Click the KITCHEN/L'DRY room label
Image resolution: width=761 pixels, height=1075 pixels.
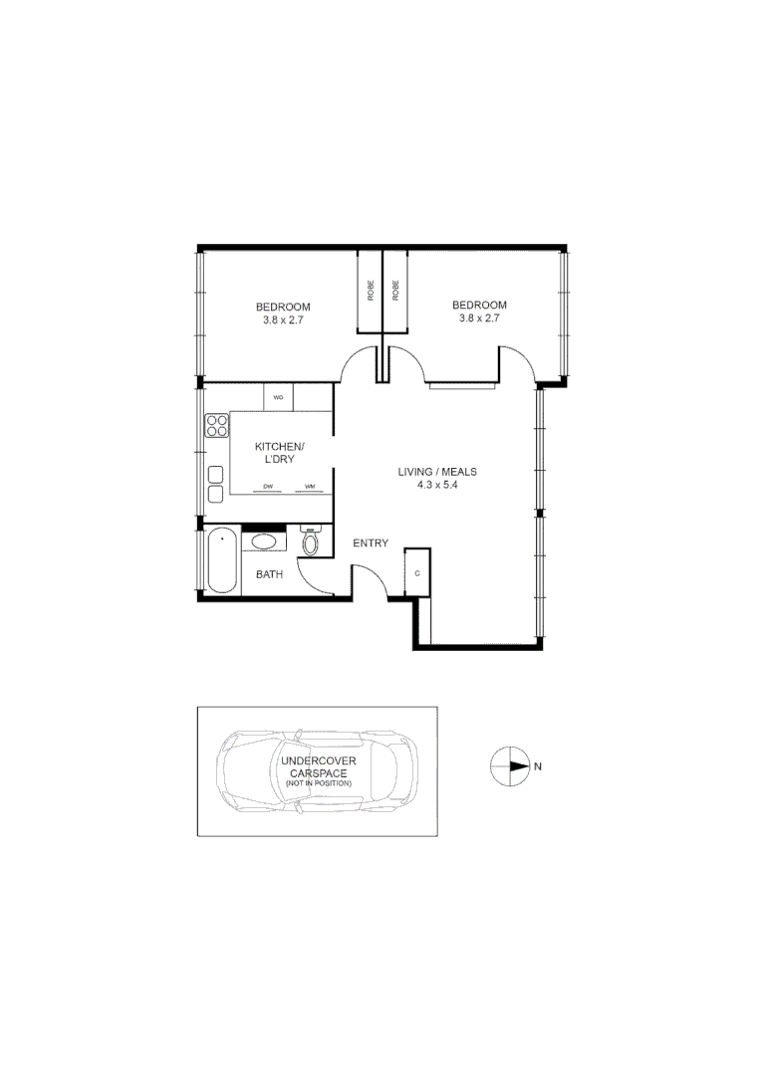280,453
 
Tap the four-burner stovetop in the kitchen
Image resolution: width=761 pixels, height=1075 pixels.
216,426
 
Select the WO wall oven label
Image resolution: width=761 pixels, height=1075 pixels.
279,398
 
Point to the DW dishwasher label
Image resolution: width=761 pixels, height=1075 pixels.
268,487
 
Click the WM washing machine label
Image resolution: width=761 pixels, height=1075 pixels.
310,487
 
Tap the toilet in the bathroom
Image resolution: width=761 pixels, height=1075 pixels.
310,542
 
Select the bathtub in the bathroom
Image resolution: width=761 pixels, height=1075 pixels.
221,561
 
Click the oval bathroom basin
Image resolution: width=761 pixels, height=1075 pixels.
264,542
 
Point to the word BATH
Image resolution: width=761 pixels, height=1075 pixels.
270,574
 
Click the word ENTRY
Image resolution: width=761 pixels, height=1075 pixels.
371,542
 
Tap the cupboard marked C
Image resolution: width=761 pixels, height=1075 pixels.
417,573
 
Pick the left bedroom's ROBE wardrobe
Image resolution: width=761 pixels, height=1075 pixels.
370,290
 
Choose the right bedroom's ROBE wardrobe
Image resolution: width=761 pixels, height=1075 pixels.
395,290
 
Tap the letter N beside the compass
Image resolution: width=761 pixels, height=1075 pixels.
538,766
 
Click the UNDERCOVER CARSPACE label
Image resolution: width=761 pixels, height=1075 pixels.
318,766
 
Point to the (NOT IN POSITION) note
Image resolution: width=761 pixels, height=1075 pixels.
318,784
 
